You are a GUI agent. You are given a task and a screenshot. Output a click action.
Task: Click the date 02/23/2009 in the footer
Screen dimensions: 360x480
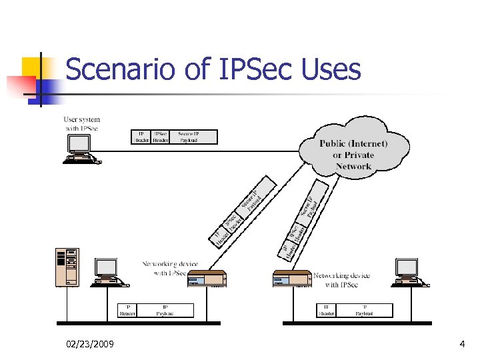pos(90,344)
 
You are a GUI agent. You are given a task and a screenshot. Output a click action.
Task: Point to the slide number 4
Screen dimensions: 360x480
pos(462,344)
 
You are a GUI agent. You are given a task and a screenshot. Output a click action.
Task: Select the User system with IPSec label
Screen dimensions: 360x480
pos(83,124)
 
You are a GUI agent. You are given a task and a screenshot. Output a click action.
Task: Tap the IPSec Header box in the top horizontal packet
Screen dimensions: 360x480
pos(160,137)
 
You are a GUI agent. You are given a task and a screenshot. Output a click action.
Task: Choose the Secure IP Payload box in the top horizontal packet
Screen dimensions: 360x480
pos(193,137)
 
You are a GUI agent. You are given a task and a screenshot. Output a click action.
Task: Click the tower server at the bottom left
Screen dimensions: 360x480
pos(67,267)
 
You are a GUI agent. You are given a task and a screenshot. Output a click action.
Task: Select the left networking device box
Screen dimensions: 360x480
pos(207,279)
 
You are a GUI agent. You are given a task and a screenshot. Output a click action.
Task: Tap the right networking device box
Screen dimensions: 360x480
pos(292,279)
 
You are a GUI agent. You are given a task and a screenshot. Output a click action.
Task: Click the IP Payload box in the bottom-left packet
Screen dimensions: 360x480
pos(165,310)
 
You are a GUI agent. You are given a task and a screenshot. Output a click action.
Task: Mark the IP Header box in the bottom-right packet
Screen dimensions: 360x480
pos(326,310)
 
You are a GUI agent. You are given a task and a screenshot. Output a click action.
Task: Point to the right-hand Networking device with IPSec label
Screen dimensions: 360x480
pos(341,280)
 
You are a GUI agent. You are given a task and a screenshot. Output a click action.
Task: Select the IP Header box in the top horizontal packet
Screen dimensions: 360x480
pos(140,137)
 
